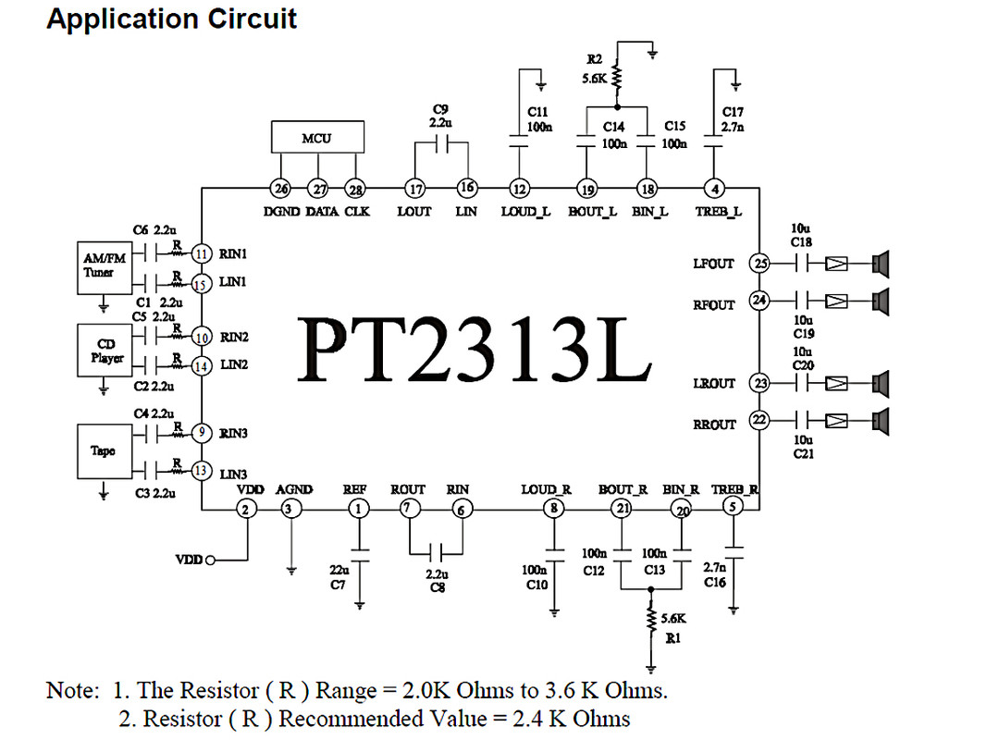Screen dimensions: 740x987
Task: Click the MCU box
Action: [316, 138]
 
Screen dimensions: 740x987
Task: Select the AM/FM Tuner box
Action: [105, 266]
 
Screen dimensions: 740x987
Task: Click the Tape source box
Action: [104, 450]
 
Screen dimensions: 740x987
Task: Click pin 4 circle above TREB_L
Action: [714, 189]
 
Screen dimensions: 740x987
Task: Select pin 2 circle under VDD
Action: [246, 508]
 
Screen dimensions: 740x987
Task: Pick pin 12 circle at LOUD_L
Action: [520, 189]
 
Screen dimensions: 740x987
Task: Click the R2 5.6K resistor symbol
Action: [617, 78]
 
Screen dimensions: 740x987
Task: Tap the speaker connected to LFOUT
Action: [880, 264]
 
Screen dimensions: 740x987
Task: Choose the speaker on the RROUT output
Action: [880, 421]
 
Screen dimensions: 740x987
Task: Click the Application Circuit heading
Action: [172, 19]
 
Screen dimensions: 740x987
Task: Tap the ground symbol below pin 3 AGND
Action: [291, 570]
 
